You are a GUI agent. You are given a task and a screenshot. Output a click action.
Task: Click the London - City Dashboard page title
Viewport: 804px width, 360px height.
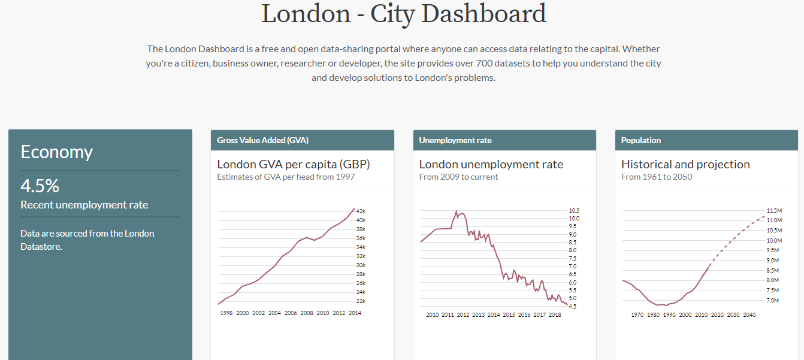[x=404, y=14]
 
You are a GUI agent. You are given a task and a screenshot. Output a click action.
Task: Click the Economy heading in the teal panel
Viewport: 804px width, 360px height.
[x=56, y=152]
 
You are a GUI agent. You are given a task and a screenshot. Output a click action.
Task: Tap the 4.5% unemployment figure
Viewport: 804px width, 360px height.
[x=40, y=186]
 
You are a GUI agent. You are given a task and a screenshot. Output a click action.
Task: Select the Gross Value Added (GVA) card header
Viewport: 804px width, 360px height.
[x=262, y=140]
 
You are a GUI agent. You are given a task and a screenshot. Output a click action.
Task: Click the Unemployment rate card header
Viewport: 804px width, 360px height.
[x=455, y=140]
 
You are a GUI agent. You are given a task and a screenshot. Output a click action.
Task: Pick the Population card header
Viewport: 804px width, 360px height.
[x=641, y=140]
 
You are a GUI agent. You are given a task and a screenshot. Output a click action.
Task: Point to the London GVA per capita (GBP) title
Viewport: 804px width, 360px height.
[x=294, y=164]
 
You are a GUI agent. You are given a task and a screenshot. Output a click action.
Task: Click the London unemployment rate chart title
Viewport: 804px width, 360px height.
[x=491, y=164]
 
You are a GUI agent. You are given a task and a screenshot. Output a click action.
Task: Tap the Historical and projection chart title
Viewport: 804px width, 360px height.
[x=685, y=164]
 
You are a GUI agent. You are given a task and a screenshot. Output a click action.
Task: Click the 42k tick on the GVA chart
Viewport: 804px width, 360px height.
[x=361, y=211]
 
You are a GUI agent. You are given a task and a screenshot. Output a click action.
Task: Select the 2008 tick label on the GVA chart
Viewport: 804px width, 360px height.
[x=307, y=313]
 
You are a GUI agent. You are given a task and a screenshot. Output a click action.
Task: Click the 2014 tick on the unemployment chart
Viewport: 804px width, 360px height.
[x=494, y=314]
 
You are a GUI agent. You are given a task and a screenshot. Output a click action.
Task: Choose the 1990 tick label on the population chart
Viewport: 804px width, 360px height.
[x=669, y=314]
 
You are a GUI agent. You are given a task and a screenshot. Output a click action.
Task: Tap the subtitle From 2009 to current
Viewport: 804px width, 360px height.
[x=458, y=177]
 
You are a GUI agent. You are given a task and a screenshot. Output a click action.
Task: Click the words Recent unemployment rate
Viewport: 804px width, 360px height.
[x=84, y=205]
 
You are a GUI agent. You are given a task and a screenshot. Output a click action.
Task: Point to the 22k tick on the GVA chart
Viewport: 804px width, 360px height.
[x=361, y=301]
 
